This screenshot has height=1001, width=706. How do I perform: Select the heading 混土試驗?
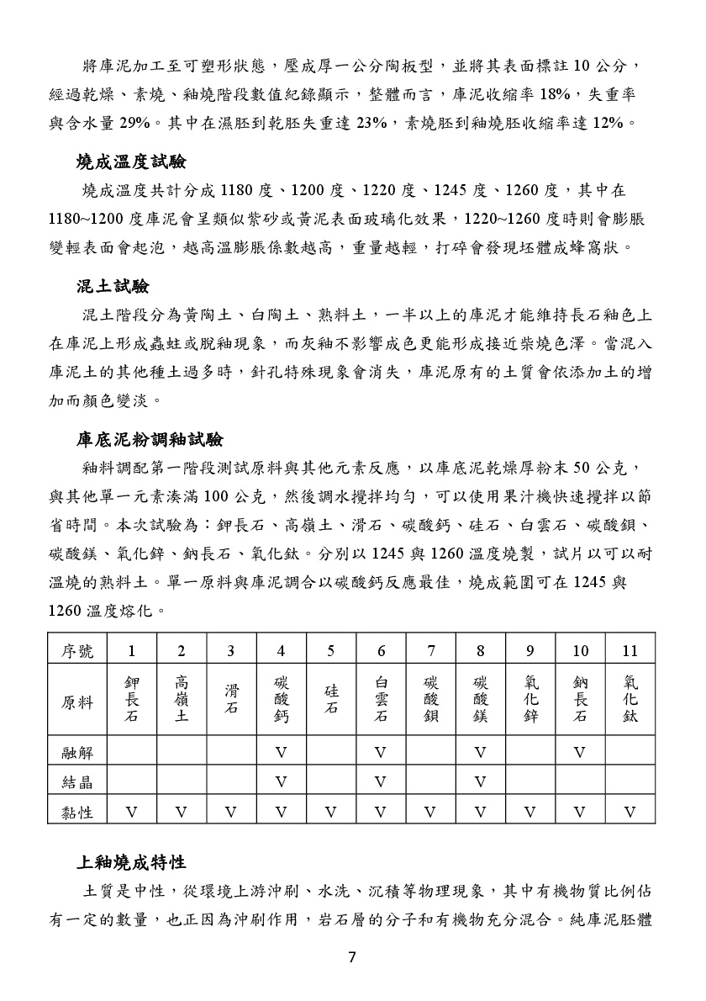point(113,287)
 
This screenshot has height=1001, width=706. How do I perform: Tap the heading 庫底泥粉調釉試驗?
point(150,438)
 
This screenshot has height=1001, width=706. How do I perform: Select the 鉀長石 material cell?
point(132,699)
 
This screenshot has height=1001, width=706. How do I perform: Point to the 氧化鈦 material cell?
point(630,699)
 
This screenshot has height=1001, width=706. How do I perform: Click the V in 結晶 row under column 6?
point(381,782)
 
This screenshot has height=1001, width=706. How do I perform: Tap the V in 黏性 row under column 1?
point(132,812)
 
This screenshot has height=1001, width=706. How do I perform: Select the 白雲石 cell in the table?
point(381,699)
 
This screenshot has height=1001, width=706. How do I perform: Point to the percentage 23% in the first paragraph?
point(371,123)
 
